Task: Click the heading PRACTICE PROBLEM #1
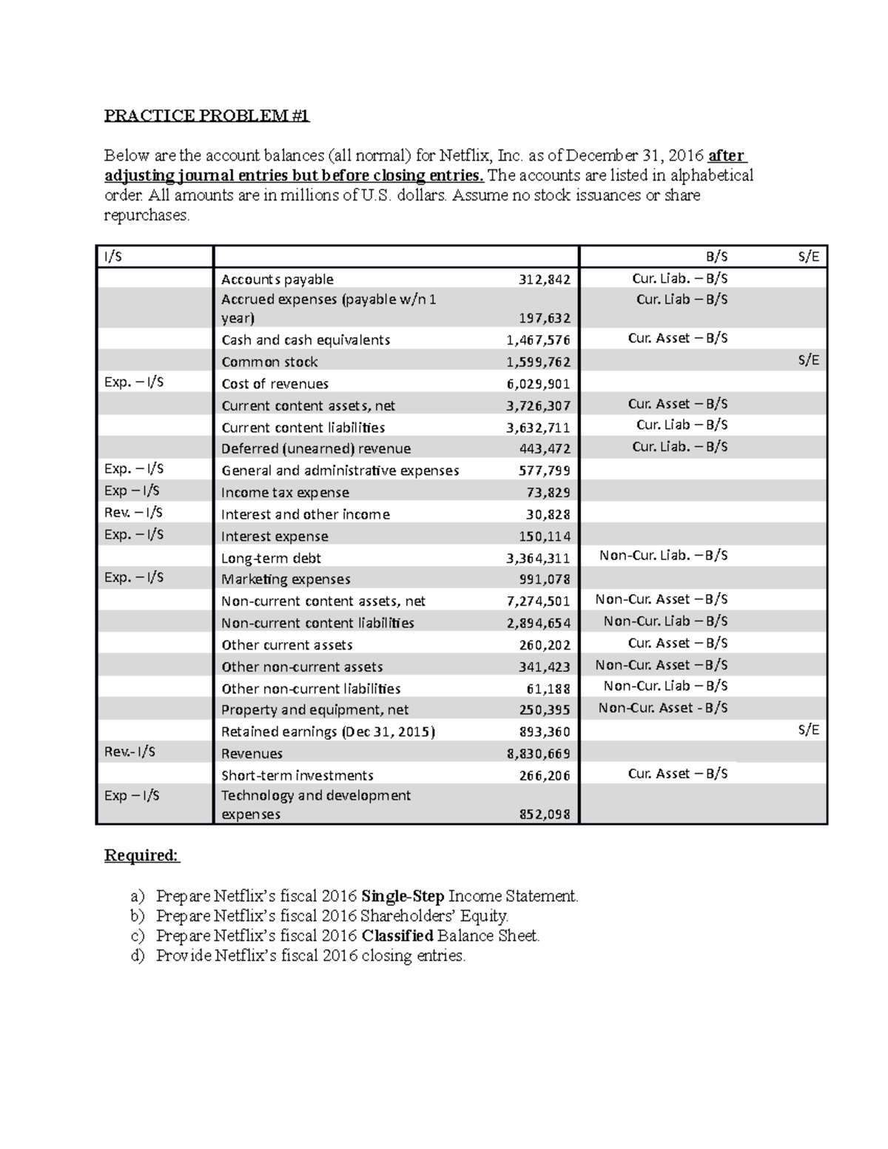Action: click(x=206, y=115)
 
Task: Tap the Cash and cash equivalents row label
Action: click(x=306, y=340)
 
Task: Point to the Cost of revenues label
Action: click(x=275, y=384)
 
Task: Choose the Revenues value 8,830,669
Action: click(x=538, y=754)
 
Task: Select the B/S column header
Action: click(x=716, y=257)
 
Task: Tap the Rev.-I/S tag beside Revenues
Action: click(x=129, y=752)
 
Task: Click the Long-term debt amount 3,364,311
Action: click(x=538, y=559)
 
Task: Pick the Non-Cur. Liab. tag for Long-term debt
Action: click(x=663, y=556)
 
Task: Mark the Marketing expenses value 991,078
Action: click(x=544, y=579)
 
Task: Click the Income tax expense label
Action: click(x=285, y=493)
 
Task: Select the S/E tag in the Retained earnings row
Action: click(x=808, y=730)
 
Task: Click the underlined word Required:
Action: click(x=141, y=856)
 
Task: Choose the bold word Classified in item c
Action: click(x=397, y=936)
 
